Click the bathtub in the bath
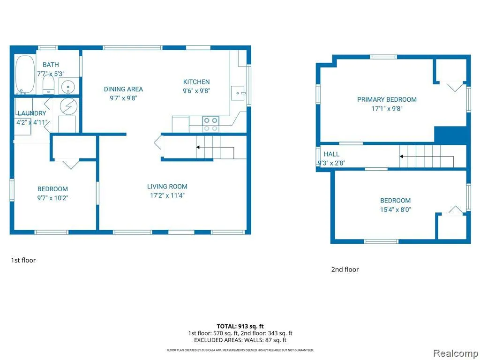[x=25, y=74]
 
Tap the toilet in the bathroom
[x=48, y=85]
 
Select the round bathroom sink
[x=67, y=87]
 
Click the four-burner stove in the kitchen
[x=210, y=124]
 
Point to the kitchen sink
[x=238, y=93]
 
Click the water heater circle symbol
[x=68, y=106]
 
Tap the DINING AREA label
[x=123, y=89]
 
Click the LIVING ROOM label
[x=167, y=187]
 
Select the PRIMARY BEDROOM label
[x=387, y=99]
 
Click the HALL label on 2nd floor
[x=331, y=154]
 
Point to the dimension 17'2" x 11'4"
[x=167, y=195]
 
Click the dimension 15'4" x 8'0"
[x=396, y=210]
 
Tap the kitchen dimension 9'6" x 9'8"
[x=196, y=90]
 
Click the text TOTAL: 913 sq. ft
[x=240, y=326]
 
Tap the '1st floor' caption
[x=23, y=260]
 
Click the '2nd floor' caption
[x=345, y=270]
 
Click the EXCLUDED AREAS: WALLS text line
[x=240, y=340]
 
